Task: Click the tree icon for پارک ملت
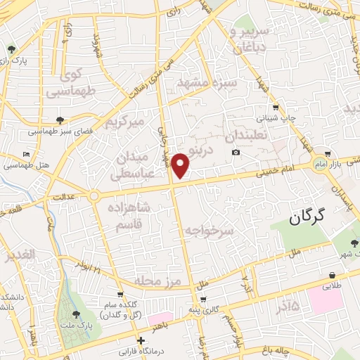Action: pyautogui.click(x=75, y=314)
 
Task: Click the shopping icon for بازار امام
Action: pyautogui.click(x=328, y=154)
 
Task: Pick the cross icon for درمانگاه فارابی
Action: pyautogui.click(x=141, y=340)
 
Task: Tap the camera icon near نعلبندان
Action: pyautogui.click(x=236, y=153)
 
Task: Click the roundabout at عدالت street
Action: pyautogui.click(x=93, y=196)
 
